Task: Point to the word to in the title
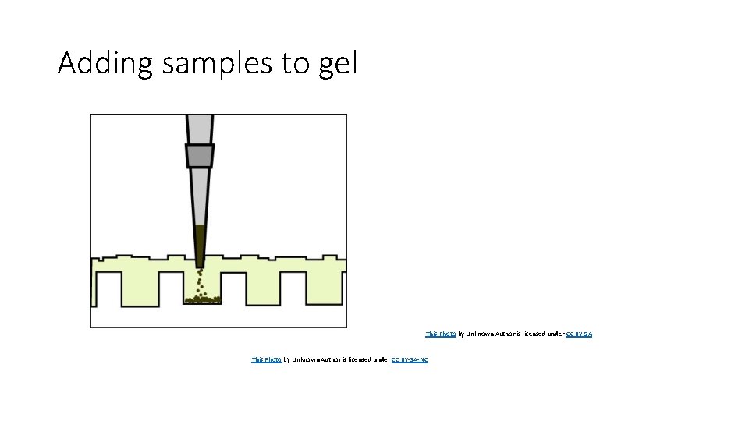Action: click(x=296, y=64)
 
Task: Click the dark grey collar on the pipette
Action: click(x=200, y=155)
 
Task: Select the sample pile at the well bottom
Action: click(x=202, y=298)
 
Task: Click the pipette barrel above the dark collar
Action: click(x=199, y=128)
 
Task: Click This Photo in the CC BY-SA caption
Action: click(x=441, y=334)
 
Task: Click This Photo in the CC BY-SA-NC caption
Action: click(x=266, y=359)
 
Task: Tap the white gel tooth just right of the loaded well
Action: click(x=233, y=288)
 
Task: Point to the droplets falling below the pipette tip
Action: click(x=201, y=280)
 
